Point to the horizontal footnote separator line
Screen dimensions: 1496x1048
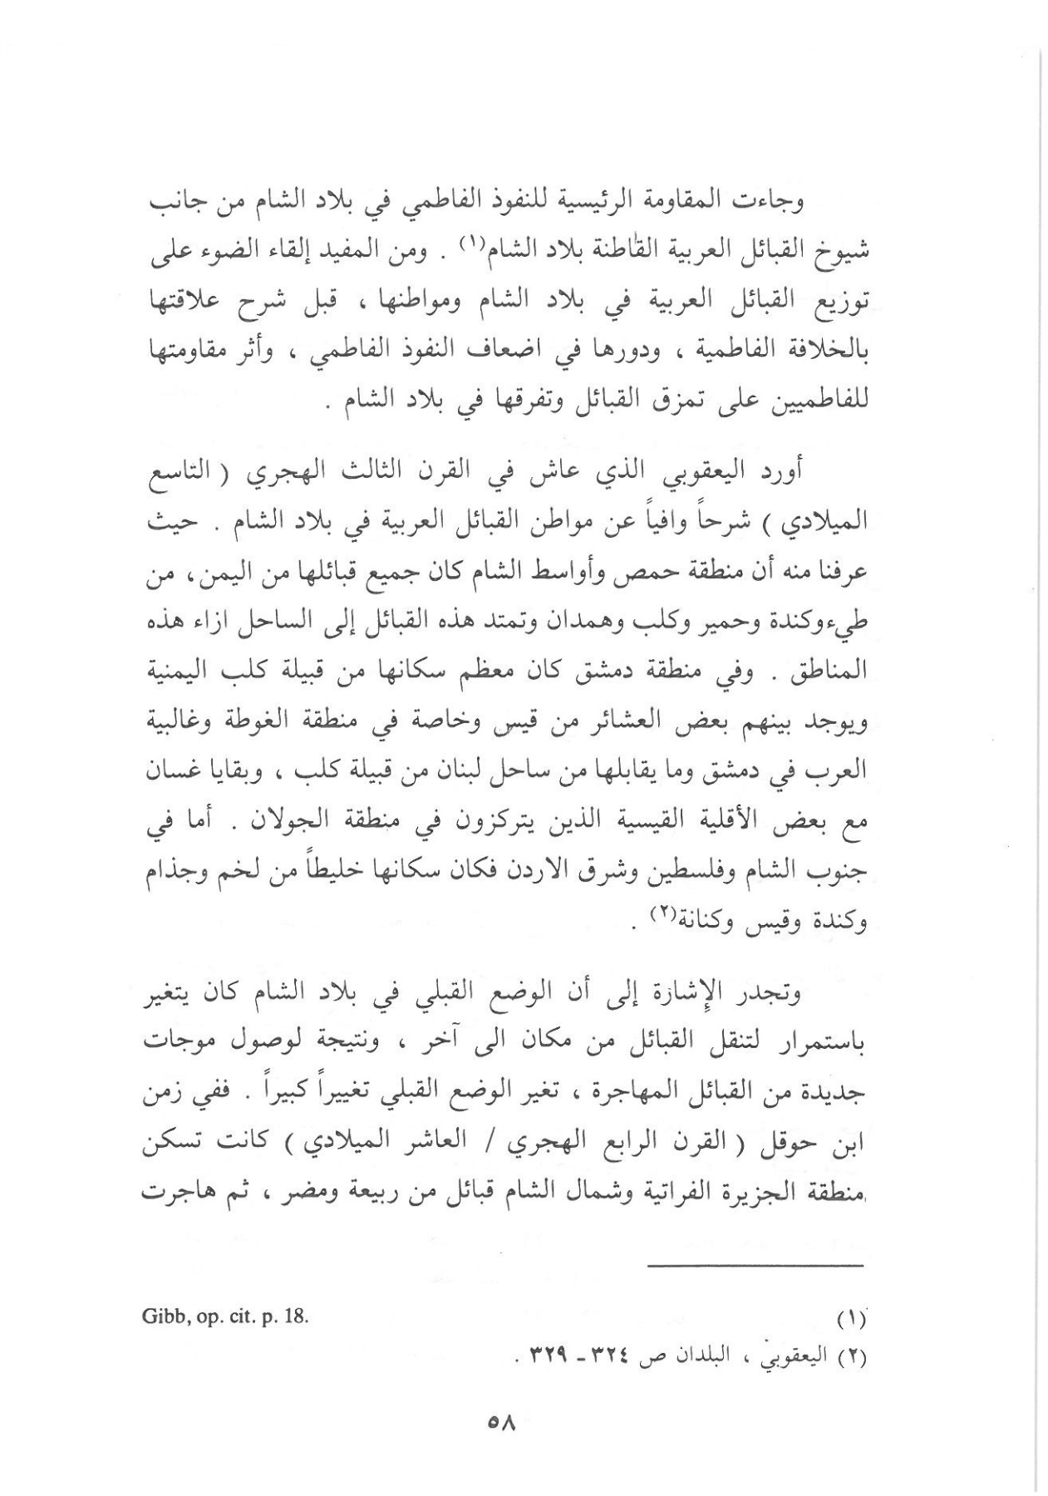[x=756, y=1266]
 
